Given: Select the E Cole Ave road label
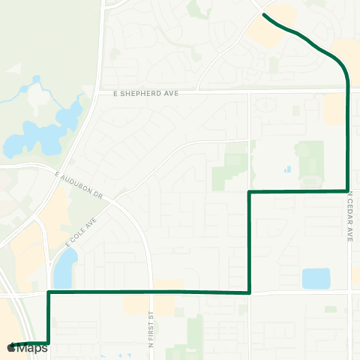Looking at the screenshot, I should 82,233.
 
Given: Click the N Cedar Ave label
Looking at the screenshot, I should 349,217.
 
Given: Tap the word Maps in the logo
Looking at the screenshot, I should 32,348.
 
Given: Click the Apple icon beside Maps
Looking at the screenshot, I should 11,348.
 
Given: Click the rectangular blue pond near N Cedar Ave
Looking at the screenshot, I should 316,278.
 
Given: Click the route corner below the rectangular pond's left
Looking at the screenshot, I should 249,292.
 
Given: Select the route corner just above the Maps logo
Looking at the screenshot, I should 49,343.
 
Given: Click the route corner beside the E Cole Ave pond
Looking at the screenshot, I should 49,292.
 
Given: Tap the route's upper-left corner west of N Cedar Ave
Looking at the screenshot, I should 249,192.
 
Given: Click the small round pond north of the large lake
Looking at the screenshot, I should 35,79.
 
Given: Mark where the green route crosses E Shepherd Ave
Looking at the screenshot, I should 348,91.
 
